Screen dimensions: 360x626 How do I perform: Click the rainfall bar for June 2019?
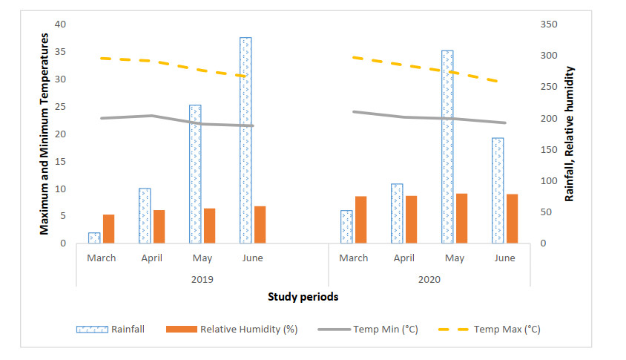(246, 140)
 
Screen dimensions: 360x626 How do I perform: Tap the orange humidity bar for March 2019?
(108, 229)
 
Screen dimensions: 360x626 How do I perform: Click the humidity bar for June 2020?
(512, 218)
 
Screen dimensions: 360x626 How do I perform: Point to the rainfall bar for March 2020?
(346, 226)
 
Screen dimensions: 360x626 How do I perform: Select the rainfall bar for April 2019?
(145, 215)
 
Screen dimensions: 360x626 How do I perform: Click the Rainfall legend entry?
(111, 329)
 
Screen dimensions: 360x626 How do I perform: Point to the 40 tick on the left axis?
(61, 24)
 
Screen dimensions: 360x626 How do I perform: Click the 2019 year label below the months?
(202, 279)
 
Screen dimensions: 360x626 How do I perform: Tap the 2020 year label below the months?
(429, 279)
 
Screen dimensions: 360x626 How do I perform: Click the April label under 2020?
(403, 258)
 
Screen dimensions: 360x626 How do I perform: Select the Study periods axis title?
(303, 297)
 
